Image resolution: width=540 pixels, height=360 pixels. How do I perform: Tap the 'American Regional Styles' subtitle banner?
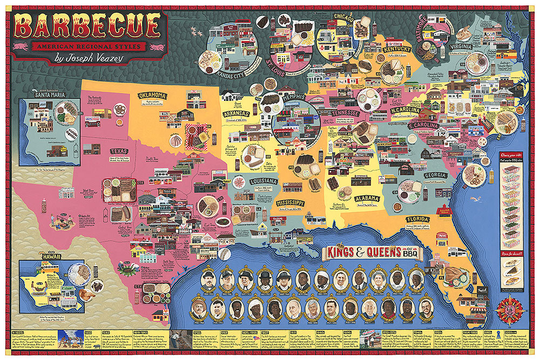(89, 46)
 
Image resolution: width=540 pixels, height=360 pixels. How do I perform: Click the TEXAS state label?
(118, 152)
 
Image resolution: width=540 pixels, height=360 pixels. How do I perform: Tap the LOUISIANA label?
(263, 181)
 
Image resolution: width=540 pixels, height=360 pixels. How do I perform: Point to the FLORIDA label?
(418, 220)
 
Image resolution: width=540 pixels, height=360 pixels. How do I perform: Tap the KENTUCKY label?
(397, 49)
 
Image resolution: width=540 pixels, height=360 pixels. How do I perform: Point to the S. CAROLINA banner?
(427, 125)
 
